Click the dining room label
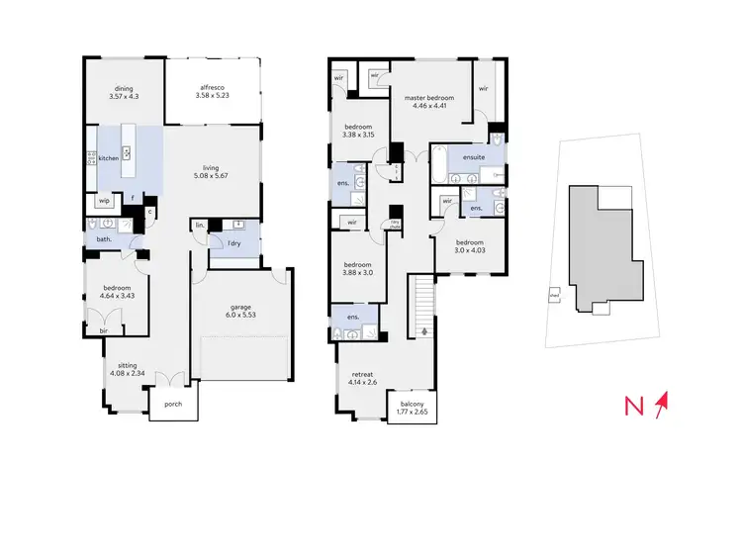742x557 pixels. pyautogui.click(x=125, y=88)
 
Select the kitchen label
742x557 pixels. pyautogui.click(x=108, y=158)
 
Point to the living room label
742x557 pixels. pyautogui.click(x=213, y=168)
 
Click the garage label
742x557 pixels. pyautogui.click(x=242, y=307)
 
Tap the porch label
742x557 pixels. pyautogui.click(x=173, y=403)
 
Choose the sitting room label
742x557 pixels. pyautogui.click(x=129, y=365)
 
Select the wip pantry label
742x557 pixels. pyautogui.click(x=104, y=202)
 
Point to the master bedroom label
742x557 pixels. pyautogui.click(x=429, y=98)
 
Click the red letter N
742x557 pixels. pyautogui.click(x=638, y=406)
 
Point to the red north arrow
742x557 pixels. pyautogui.click(x=663, y=404)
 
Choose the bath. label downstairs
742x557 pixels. pyautogui.click(x=103, y=239)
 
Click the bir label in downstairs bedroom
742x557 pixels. pyautogui.click(x=104, y=332)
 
